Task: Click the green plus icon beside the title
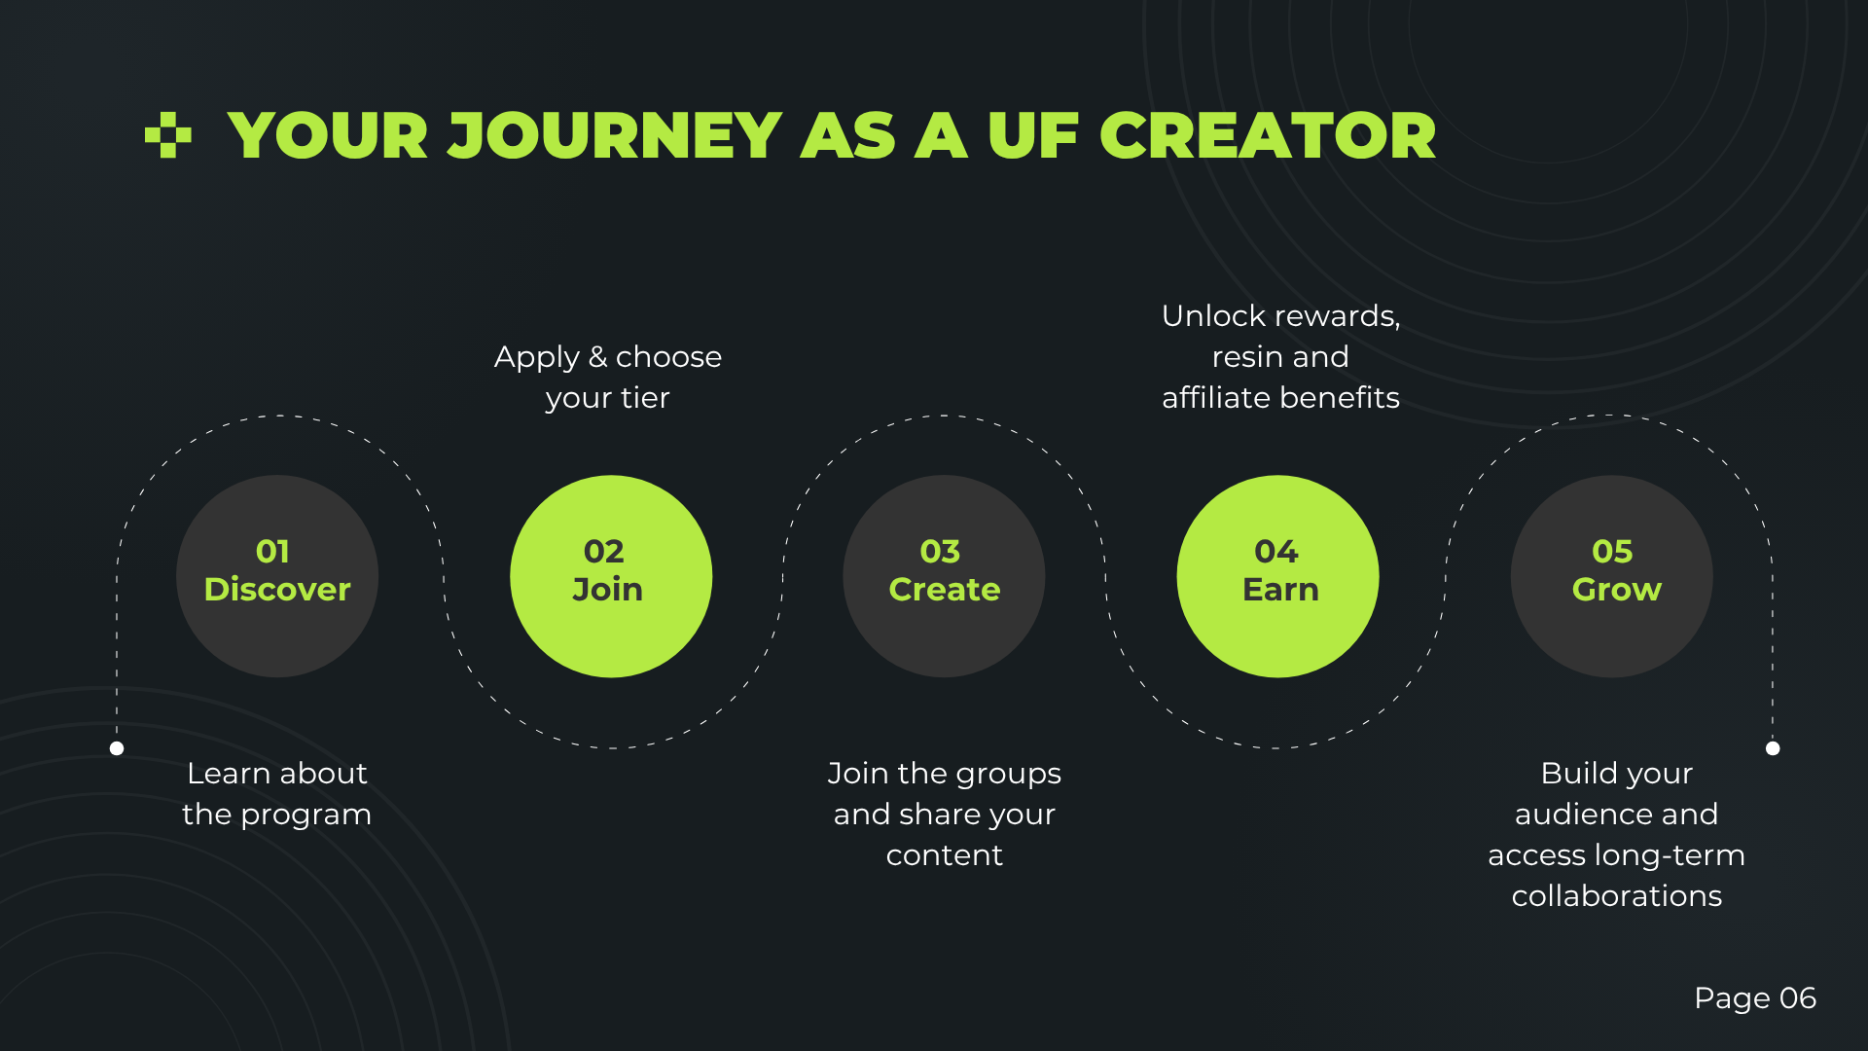coord(167,135)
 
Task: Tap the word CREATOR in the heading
coord(1268,135)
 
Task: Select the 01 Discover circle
coord(277,576)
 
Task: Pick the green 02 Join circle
coord(611,576)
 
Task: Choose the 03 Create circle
coord(944,576)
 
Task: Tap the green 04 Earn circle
coord(1277,576)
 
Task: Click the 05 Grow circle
coord(1611,576)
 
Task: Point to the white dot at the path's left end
coord(117,748)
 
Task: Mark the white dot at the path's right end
coord(1773,748)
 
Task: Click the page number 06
coord(1798,998)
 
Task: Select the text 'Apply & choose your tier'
coord(608,378)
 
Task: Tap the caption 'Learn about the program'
coord(277,794)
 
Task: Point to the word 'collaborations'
coord(1617,896)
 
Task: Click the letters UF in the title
coord(1033,135)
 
